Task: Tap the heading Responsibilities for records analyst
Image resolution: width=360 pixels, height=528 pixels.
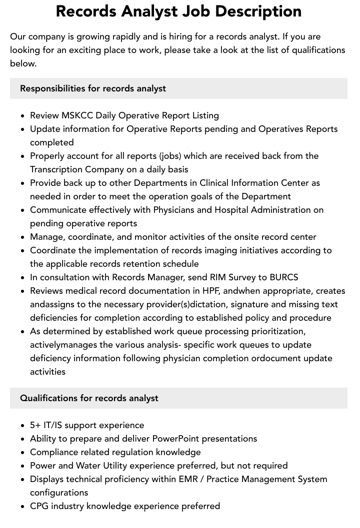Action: pos(93,88)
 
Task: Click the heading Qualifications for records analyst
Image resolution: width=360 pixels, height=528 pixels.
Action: pos(89,398)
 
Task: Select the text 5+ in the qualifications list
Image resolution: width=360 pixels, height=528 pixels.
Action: pos(35,425)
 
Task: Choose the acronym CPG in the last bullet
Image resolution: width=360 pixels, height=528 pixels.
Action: pos(39,506)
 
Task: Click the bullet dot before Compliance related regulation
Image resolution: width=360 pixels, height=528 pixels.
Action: pos(23,453)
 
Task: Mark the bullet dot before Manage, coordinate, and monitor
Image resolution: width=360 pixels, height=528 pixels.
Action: pos(23,237)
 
